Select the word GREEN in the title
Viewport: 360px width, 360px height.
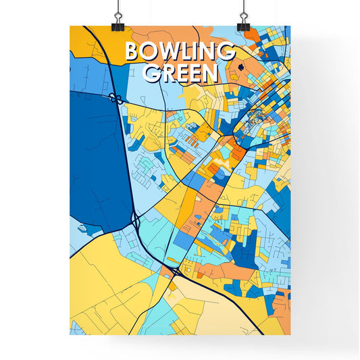pos(180,73)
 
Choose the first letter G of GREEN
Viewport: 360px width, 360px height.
pos(153,73)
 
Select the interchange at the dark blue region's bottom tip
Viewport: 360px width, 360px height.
pos(137,220)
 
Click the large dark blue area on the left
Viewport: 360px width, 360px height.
pos(95,162)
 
